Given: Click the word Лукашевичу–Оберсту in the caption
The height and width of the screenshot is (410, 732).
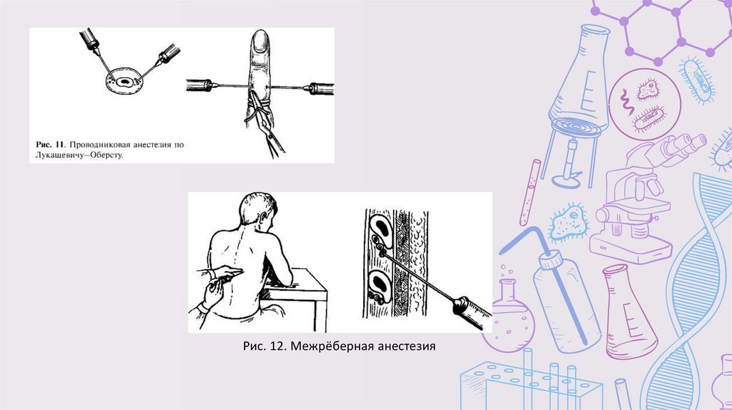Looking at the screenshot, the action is point(79,155).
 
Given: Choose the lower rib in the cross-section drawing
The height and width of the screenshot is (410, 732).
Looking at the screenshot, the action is point(381,284).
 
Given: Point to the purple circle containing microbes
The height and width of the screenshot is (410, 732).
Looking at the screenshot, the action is point(646,104).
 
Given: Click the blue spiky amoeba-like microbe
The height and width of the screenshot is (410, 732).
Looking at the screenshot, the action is point(568,224).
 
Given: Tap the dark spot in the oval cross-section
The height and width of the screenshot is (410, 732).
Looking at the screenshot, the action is point(124,83).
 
